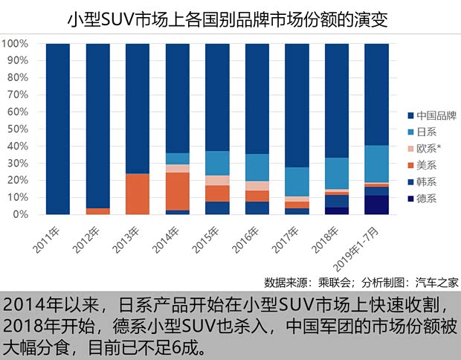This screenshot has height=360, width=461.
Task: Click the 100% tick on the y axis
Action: pyautogui.click(x=16, y=44)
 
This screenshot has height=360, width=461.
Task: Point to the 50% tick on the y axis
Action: pyautogui.click(x=18, y=129)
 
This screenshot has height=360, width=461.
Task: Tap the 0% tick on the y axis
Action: pyautogui.click(x=21, y=215)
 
